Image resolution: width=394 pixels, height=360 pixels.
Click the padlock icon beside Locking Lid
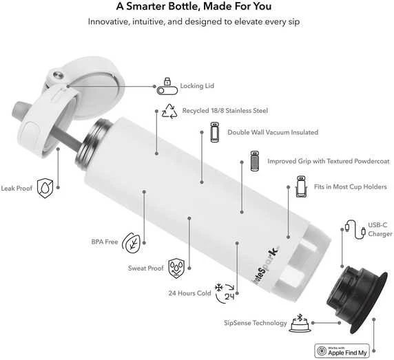[167, 86]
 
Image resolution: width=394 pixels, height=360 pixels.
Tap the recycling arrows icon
[169, 112]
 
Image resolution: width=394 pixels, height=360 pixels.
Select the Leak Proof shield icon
[45, 188]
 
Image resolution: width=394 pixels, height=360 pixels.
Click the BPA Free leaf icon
[131, 243]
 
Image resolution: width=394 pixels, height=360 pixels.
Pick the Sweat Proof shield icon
[176, 268]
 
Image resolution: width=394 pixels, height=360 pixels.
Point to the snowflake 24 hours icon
[225, 293]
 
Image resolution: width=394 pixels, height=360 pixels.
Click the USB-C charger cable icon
[355, 230]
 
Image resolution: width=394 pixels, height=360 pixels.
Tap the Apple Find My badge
[342, 351]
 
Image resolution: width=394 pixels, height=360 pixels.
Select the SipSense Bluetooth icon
[300, 324]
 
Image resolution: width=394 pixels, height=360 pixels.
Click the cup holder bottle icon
[302, 187]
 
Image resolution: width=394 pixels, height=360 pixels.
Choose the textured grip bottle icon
[255, 161]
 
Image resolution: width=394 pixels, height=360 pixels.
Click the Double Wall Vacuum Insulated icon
[215, 132]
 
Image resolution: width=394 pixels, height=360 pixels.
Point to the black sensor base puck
[357, 299]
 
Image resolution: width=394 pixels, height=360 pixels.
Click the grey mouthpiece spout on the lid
[19, 109]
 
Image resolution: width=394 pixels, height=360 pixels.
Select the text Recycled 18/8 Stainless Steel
[225, 110]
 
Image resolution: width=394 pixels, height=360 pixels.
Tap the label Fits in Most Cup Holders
[351, 187]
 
